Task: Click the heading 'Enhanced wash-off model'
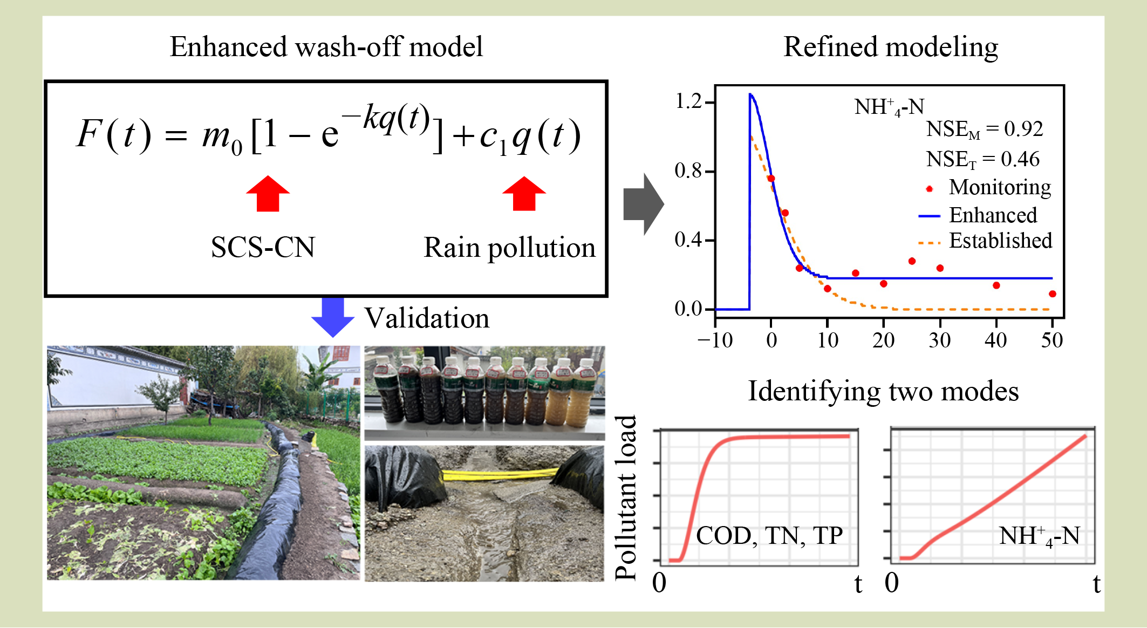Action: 326,47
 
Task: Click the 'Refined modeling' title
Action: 890,47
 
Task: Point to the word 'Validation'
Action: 427,318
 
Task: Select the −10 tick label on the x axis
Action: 715,340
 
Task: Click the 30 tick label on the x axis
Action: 939,340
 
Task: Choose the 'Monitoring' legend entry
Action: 1000,187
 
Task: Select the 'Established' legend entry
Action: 1000,241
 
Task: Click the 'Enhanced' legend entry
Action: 993,215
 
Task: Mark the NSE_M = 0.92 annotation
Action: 984,129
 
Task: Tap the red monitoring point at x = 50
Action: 1052,294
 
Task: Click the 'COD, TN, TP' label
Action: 769,536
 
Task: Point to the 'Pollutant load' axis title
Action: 626,497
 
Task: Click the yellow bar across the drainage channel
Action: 499,475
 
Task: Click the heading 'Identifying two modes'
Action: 883,391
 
